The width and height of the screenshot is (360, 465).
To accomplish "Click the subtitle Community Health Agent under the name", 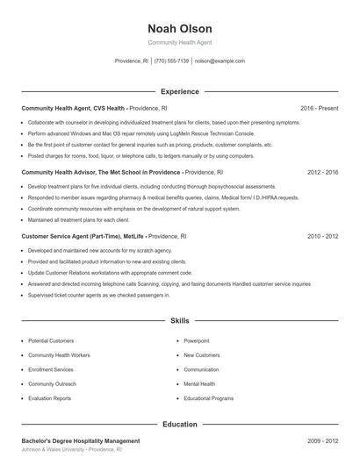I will (179, 42).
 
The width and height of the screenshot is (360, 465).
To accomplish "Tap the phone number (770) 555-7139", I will (171, 61).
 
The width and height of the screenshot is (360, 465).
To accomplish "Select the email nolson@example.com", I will (220, 61).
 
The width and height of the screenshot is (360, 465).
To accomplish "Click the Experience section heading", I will (179, 91).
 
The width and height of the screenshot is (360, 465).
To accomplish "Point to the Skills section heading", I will (179, 322).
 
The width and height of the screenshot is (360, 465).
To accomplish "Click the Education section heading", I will (179, 424).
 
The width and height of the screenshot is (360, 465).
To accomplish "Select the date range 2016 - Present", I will (319, 108).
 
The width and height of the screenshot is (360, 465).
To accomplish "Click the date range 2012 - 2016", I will (323, 173).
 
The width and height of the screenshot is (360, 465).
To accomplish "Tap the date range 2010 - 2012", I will (323, 237).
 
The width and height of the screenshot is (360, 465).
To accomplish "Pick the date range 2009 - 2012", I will (323, 440).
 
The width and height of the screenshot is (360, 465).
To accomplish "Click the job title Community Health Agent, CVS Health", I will (74, 108).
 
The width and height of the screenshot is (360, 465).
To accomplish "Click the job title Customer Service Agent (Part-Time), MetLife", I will (83, 237).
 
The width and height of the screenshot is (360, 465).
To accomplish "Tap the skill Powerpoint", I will (197, 340).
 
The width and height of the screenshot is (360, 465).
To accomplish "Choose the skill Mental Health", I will (199, 383).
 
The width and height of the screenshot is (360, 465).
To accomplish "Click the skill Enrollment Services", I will (51, 369).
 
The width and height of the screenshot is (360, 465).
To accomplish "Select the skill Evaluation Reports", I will (49, 398).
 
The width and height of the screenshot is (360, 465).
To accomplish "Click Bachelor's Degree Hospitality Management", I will (80, 440).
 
